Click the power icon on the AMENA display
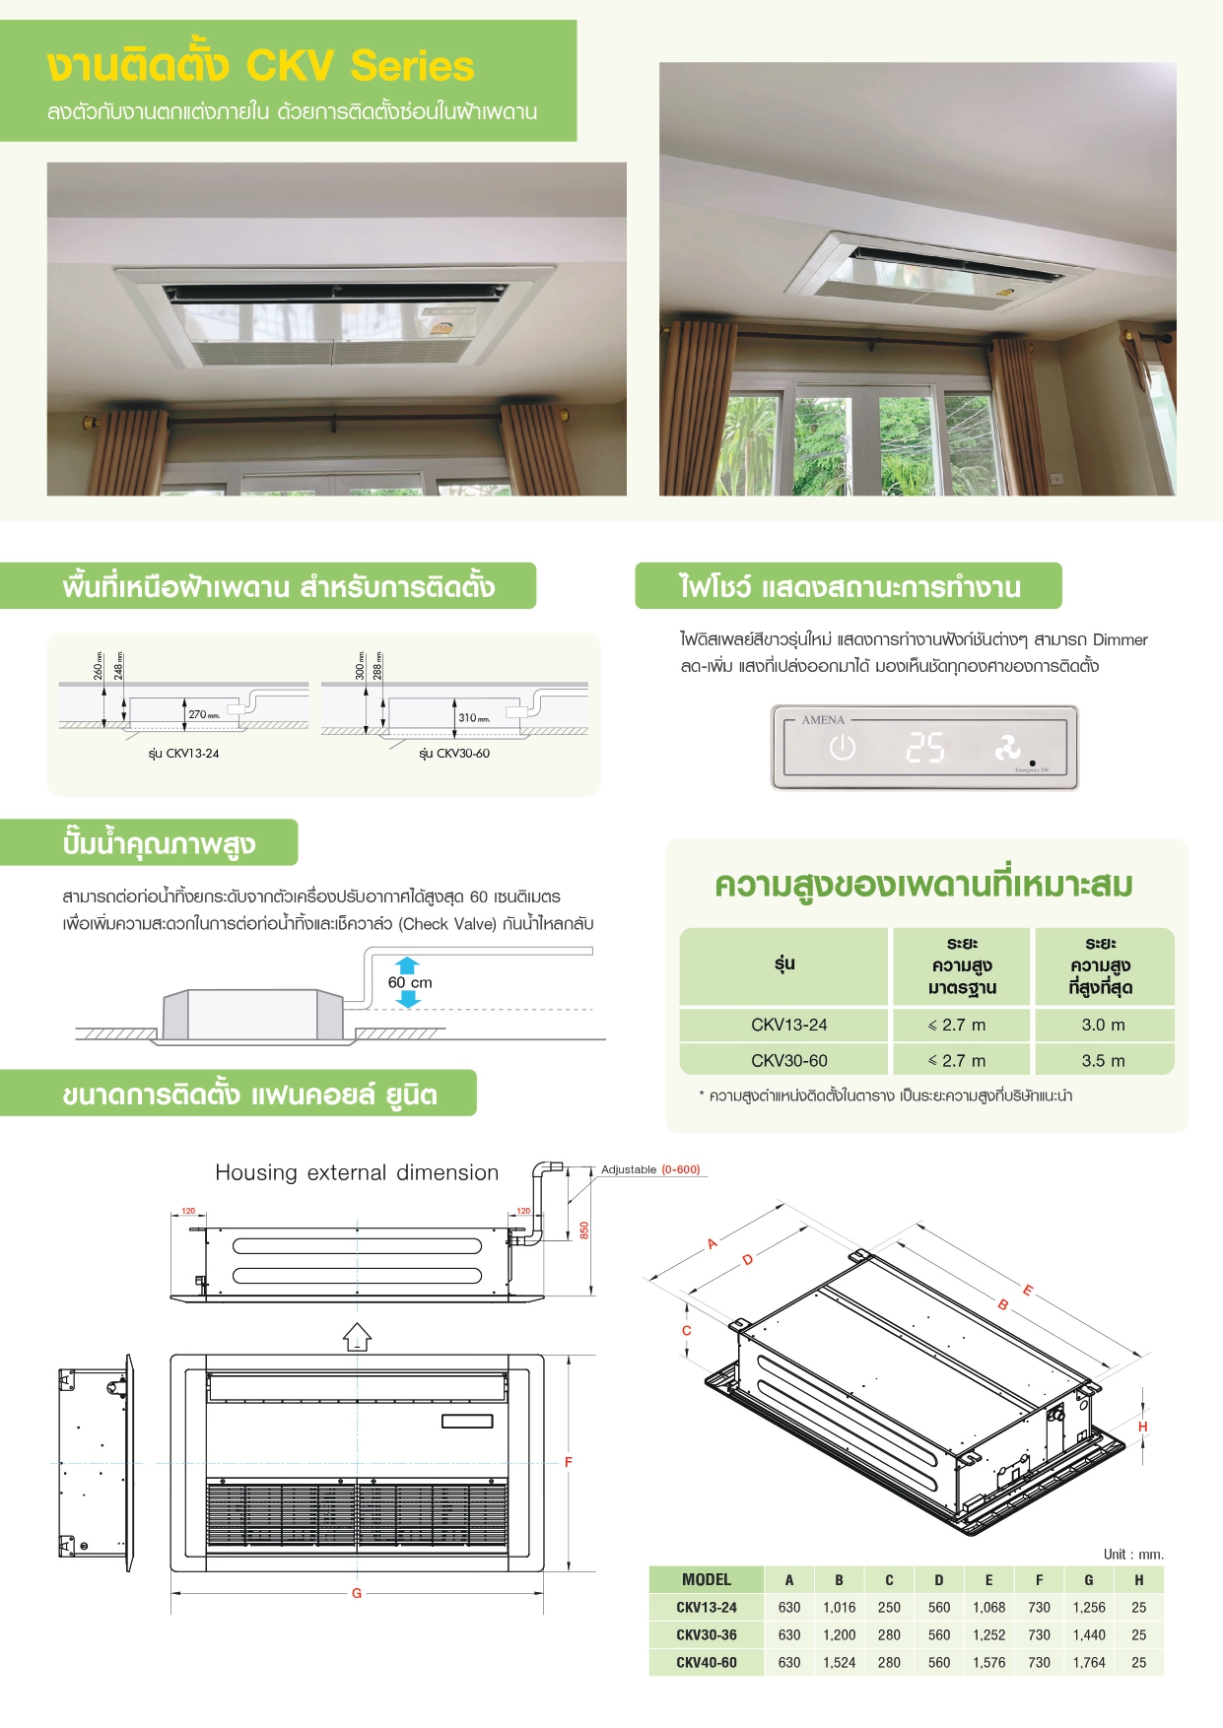coord(842,748)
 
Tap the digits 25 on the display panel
coord(925,748)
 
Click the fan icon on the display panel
coord(1007,748)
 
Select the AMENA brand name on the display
coord(823,720)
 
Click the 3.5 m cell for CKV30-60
coord(1103,1061)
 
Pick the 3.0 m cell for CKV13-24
coord(1103,1025)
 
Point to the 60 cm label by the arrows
coord(410,982)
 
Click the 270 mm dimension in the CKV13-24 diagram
coord(204,715)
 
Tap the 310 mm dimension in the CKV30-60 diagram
coord(474,718)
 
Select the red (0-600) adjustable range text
coord(680,1169)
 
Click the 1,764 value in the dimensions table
coord(1088,1662)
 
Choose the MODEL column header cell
coord(707,1579)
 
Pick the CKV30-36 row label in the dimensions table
coord(707,1634)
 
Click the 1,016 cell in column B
coord(839,1607)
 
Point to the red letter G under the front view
coord(357,1593)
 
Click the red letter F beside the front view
coord(569,1462)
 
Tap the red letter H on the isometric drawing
coord(1142,1427)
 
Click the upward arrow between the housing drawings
coord(357,1337)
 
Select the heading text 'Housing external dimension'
coord(357,1172)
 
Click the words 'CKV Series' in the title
coord(360,66)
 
